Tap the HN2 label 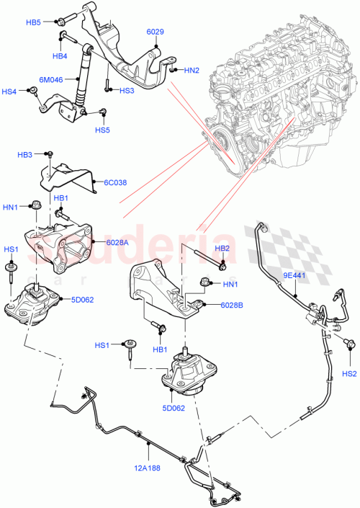tap(192, 70)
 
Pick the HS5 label tap(102, 130)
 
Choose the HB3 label tap(25, 155)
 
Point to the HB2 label tap(222, 249)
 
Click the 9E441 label tap(294, 275)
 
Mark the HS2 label tap(349, 373)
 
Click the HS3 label tap(126, 91)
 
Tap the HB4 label tap(59, 55)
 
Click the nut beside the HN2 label tap(173, 69)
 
